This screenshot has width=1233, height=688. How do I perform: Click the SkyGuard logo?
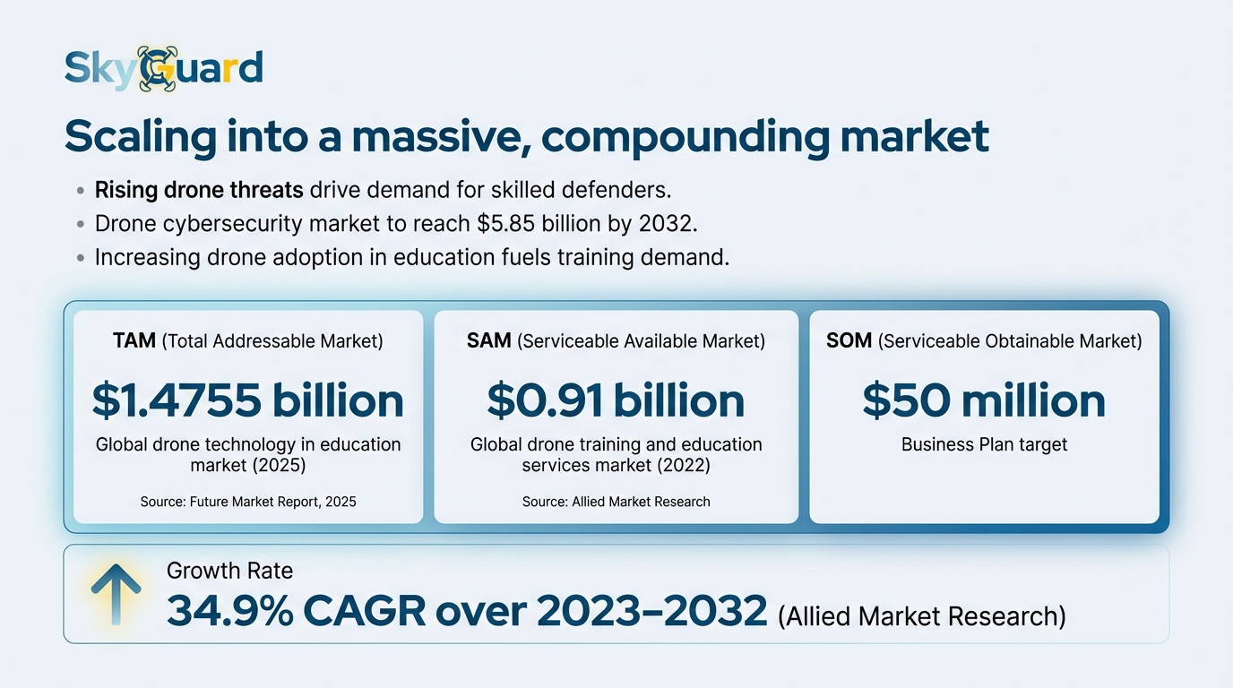click(164, 68)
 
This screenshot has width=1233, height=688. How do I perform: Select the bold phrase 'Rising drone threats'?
click(200, 190)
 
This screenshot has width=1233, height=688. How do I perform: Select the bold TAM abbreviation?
click(134, 340)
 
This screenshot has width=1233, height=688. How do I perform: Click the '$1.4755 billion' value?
click(248, 400)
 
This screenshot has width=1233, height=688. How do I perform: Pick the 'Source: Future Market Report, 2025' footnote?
click(248, 502)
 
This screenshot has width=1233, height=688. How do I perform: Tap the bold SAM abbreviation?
click(489, 340)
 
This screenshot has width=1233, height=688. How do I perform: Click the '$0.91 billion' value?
click(616, 400)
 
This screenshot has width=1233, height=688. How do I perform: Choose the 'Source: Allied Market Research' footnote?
click(616, 502)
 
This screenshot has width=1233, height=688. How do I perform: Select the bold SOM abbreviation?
click(849, 340)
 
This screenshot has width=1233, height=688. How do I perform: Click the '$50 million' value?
click(984, 400)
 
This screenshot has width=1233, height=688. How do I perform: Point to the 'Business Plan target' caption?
click(984, 444)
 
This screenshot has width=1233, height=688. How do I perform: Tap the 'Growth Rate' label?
click(229, 571)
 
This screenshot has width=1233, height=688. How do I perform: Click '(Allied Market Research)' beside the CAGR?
click(921, 616)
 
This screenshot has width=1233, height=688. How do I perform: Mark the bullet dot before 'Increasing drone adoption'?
click(80, 258)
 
